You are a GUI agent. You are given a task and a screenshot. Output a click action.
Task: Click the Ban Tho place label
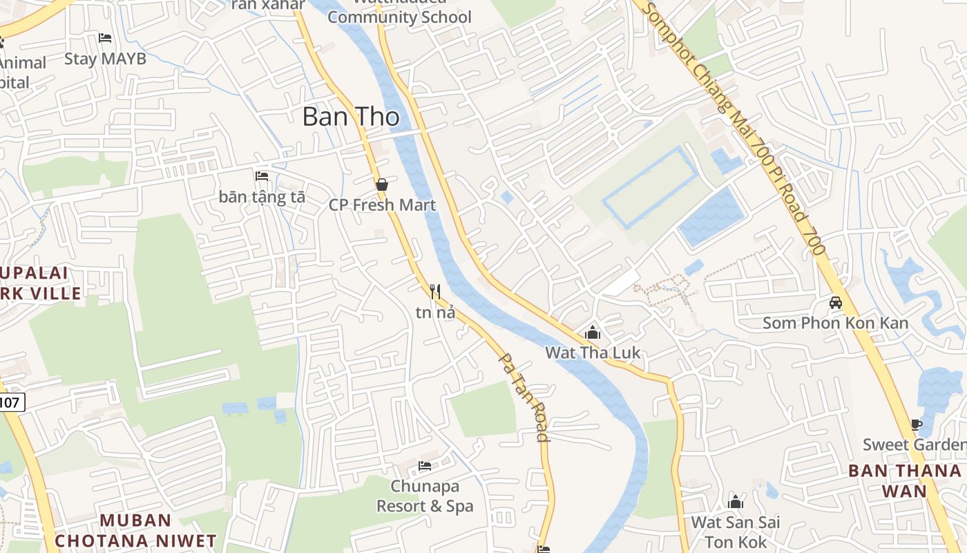coord(351,117)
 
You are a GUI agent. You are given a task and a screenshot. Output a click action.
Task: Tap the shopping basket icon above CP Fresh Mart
coord(381,185)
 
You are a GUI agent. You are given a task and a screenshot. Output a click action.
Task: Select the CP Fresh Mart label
coord(382,205)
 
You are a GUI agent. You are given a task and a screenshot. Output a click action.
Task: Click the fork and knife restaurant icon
coord(435,292)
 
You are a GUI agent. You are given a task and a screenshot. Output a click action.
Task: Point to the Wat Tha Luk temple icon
coord(592,333)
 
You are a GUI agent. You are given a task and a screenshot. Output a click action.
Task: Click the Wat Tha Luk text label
coord(593,353)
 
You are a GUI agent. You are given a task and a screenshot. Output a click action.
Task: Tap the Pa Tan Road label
coord(524,397)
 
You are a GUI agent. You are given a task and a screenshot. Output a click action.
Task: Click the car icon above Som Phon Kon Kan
coord(835,303)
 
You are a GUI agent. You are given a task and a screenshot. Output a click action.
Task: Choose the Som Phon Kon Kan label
coord(835,323)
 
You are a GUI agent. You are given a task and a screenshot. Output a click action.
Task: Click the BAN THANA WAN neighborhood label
coord(905,480)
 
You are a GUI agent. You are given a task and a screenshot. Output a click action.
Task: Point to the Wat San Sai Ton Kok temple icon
coord(736,502)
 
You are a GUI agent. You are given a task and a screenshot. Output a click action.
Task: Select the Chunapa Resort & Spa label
coord(425,496)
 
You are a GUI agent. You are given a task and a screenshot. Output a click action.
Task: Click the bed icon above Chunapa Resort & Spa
coord(425,466)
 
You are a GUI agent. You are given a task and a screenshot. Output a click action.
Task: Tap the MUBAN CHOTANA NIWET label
coord(135,530)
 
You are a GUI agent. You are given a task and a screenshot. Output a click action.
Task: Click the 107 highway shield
coord(12,402)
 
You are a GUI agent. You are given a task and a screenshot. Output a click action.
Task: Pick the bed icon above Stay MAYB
coord(105,38)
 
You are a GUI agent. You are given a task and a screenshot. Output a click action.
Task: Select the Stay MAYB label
coord(106,59)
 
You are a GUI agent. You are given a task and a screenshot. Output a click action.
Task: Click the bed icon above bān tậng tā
coord(262,177)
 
